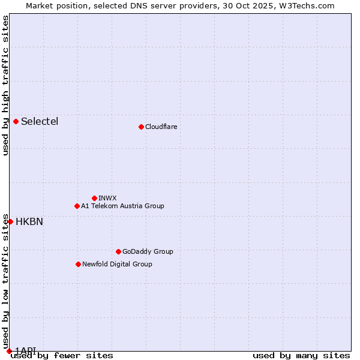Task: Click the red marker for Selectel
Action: (16, 121)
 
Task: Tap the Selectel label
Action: (40, 121)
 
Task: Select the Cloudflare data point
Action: (141, 127)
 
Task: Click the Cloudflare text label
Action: (161, 127)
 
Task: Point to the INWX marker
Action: (94, 198)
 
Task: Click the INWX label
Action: (107, 198)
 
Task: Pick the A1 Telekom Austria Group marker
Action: (77, 206)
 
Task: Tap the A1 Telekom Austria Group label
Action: (122, 206)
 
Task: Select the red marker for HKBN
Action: (10, 221)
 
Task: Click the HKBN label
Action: (29, 221)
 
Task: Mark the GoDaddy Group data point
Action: (118, 251)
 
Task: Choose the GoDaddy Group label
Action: (148, 251)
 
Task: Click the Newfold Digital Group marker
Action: (78, 264)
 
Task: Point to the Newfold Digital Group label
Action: (117, 264)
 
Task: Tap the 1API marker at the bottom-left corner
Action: (9, 350)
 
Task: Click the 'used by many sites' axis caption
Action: (301, 356)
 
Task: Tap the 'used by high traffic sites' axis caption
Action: (5, 85)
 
